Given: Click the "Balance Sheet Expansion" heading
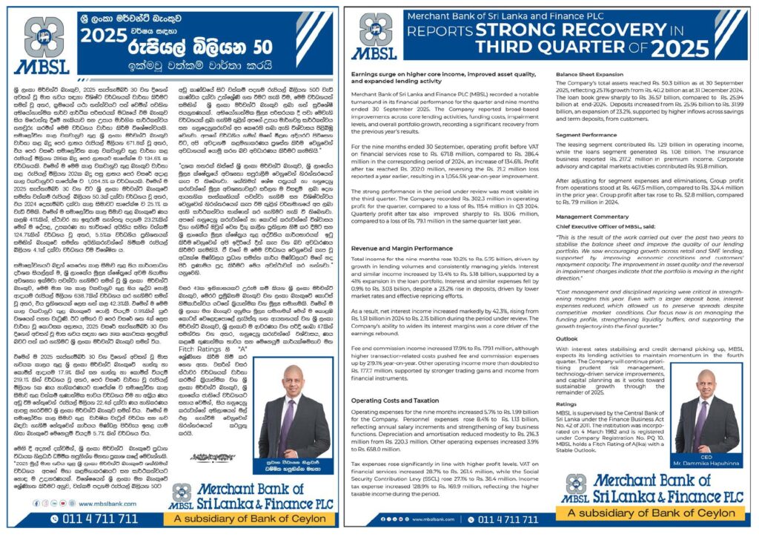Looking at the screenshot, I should click(x=589, y=74).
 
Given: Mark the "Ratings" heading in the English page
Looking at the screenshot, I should click(x=567, y=425).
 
